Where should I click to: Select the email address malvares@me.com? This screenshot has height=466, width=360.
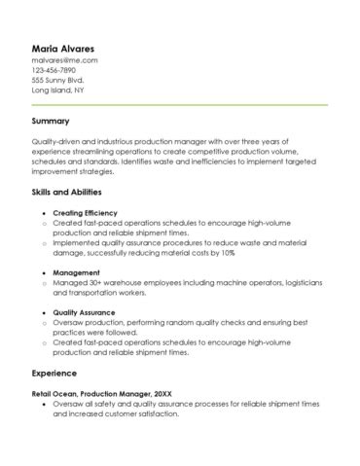click(x=64, y=60)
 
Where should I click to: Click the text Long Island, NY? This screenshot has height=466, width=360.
click(x=57, y=90)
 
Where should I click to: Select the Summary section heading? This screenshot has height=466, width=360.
click(x=50, y=122)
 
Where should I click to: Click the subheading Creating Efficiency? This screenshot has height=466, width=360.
click(x=85, y=213)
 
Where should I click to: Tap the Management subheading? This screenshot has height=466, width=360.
click(x=76, y=272)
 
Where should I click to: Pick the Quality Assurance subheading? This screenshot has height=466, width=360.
click(x=85, y=312)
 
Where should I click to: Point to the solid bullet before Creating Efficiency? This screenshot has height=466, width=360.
click(x=44, y=213)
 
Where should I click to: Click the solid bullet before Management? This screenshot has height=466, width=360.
click(x=44, y=272)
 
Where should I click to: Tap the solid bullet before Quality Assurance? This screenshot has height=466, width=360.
click(x=44, y=312)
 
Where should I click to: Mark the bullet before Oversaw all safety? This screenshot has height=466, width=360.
click(x=44, y=403)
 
